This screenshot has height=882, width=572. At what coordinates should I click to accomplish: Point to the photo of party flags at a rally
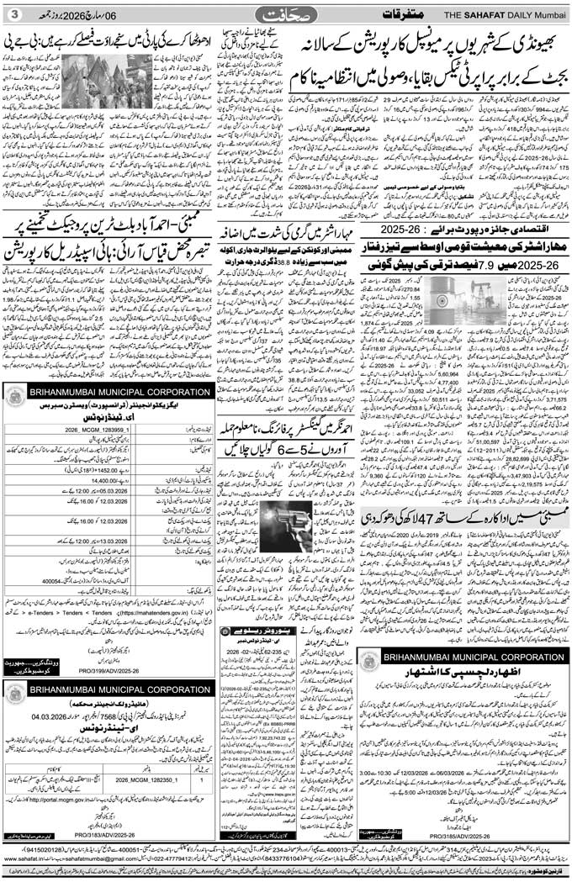pyautogui.click(x=107, y=82)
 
